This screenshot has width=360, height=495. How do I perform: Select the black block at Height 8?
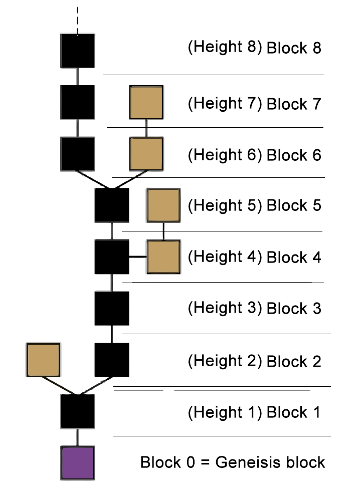tap(77, 51)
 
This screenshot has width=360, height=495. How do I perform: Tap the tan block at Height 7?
tap(146, 102)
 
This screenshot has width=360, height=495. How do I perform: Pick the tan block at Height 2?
tap(44, 360)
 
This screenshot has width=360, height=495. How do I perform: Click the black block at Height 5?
tap(112, 205)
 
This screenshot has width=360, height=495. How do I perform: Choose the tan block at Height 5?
tap(163, 205)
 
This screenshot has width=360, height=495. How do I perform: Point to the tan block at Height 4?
tap(163, 257)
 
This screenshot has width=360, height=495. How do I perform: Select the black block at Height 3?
tap(112, 308)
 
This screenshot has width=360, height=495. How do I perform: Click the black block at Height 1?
tap(77, 411)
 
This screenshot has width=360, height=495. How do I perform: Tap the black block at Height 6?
tap(77, 153)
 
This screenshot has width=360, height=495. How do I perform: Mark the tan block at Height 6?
tap(146, 153)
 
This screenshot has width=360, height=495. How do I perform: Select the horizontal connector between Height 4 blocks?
tap(138, 257)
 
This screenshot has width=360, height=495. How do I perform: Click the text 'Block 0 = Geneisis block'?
tap(233, 462)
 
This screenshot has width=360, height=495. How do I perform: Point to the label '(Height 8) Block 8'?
tap(254, 48)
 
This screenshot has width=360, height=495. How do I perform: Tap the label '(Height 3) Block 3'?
tap(254, 308)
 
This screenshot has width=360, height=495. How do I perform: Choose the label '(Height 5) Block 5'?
tap(254, 205)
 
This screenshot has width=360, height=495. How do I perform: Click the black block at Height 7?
tap(77, 102)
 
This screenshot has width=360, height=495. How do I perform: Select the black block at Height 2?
tap(112, 360)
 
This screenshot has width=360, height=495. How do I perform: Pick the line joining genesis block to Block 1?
tap(77, 437)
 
